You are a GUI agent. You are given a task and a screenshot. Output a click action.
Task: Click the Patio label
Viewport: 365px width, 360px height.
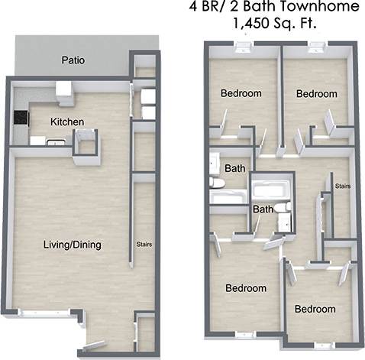click(x=73, y=60)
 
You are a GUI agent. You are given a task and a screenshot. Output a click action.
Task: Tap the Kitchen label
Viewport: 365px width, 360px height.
click(x=67, y=122)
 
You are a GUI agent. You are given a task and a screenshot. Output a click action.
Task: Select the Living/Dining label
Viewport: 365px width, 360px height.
click(x=73, y=245)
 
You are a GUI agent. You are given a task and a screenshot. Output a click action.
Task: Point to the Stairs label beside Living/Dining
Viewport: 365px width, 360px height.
click(x=144, y=245)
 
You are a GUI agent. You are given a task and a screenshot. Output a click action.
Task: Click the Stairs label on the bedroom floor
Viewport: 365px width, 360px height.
click(x=343, y=186)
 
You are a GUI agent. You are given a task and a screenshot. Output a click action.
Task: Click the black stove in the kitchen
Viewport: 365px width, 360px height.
click(x=21, y=118)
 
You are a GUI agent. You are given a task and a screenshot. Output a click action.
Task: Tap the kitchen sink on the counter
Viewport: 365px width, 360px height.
click(x=55, y=141)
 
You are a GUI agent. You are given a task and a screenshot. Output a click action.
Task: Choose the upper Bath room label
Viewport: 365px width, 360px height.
click(x=234, y=168)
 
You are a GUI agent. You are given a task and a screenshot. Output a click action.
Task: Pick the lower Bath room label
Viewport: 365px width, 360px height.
click(x=263, y=209)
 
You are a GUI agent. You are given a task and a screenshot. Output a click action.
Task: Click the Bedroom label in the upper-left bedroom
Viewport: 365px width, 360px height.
click(x=241, y=94)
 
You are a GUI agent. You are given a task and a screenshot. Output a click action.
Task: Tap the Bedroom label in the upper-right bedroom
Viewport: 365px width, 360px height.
click(x=317, y=94)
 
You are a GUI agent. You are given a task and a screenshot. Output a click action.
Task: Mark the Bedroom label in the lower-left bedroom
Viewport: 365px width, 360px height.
click(x=246, y=288)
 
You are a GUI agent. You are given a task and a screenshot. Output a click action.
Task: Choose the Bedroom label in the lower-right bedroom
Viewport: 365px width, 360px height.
click(x=315, y=309)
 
